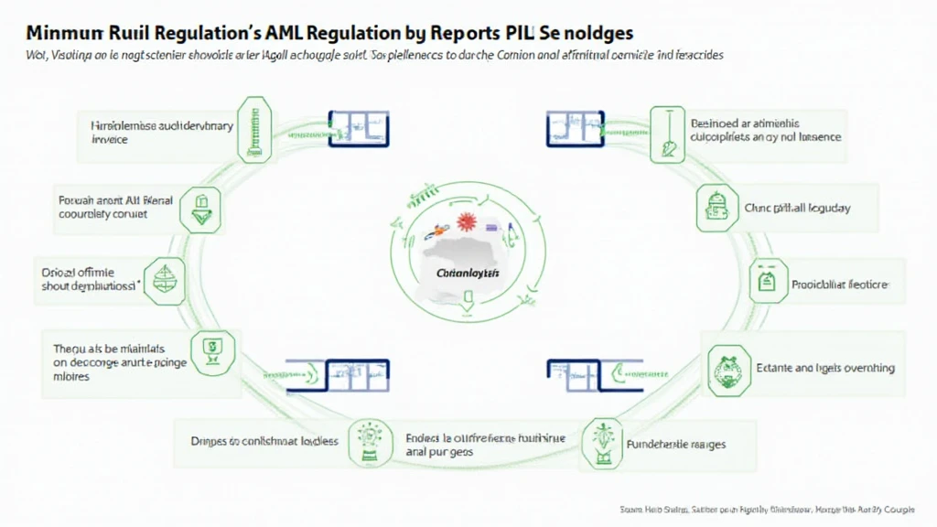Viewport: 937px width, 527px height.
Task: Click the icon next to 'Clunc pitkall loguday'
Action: [714, 208]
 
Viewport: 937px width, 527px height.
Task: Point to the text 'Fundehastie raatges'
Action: [678, 444]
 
